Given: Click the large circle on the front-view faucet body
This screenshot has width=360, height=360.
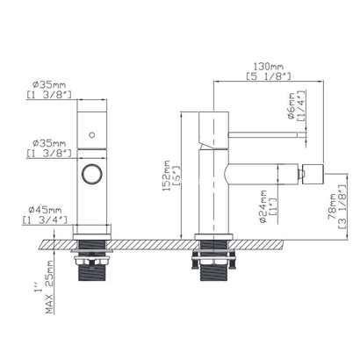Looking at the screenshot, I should (91, 171).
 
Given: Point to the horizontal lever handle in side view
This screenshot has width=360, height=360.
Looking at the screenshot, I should (259, 134).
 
